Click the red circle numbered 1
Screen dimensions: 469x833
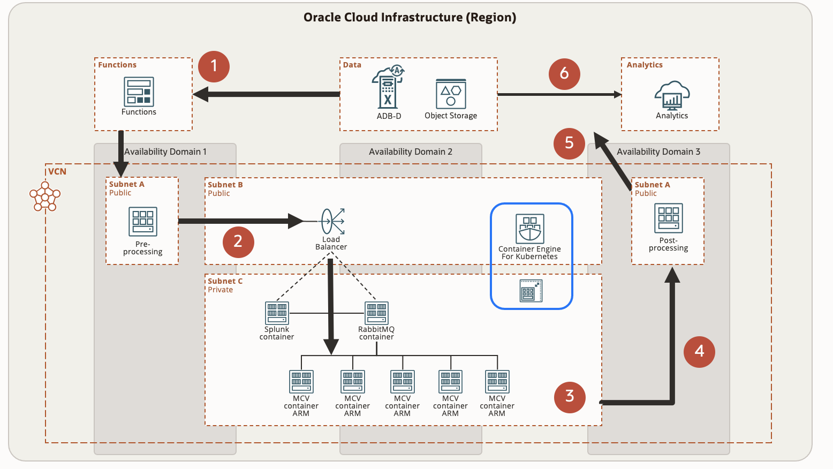point(214,66)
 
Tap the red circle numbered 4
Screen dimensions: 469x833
point(699,351)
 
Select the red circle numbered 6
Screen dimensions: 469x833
point(564,73)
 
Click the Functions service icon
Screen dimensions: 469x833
point(139,92)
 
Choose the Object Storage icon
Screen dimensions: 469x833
point(451,94)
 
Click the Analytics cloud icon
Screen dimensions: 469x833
point(672,95)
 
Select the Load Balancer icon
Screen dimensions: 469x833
point(333,221)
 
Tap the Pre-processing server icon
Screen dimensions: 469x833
point(143,221)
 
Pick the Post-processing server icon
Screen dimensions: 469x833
point(669,218)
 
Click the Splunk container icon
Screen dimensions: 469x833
point(277,313)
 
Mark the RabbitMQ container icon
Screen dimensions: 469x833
point(376,313)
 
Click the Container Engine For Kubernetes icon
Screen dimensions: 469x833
point(530,229)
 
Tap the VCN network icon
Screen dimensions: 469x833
point(45,196)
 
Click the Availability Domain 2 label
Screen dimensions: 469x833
point(411,152)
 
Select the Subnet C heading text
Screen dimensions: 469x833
point(225,281)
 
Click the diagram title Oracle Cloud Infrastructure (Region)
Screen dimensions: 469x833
point(410,17)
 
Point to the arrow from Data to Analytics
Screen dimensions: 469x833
point(559,94)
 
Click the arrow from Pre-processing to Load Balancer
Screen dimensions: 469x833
point(241,221)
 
